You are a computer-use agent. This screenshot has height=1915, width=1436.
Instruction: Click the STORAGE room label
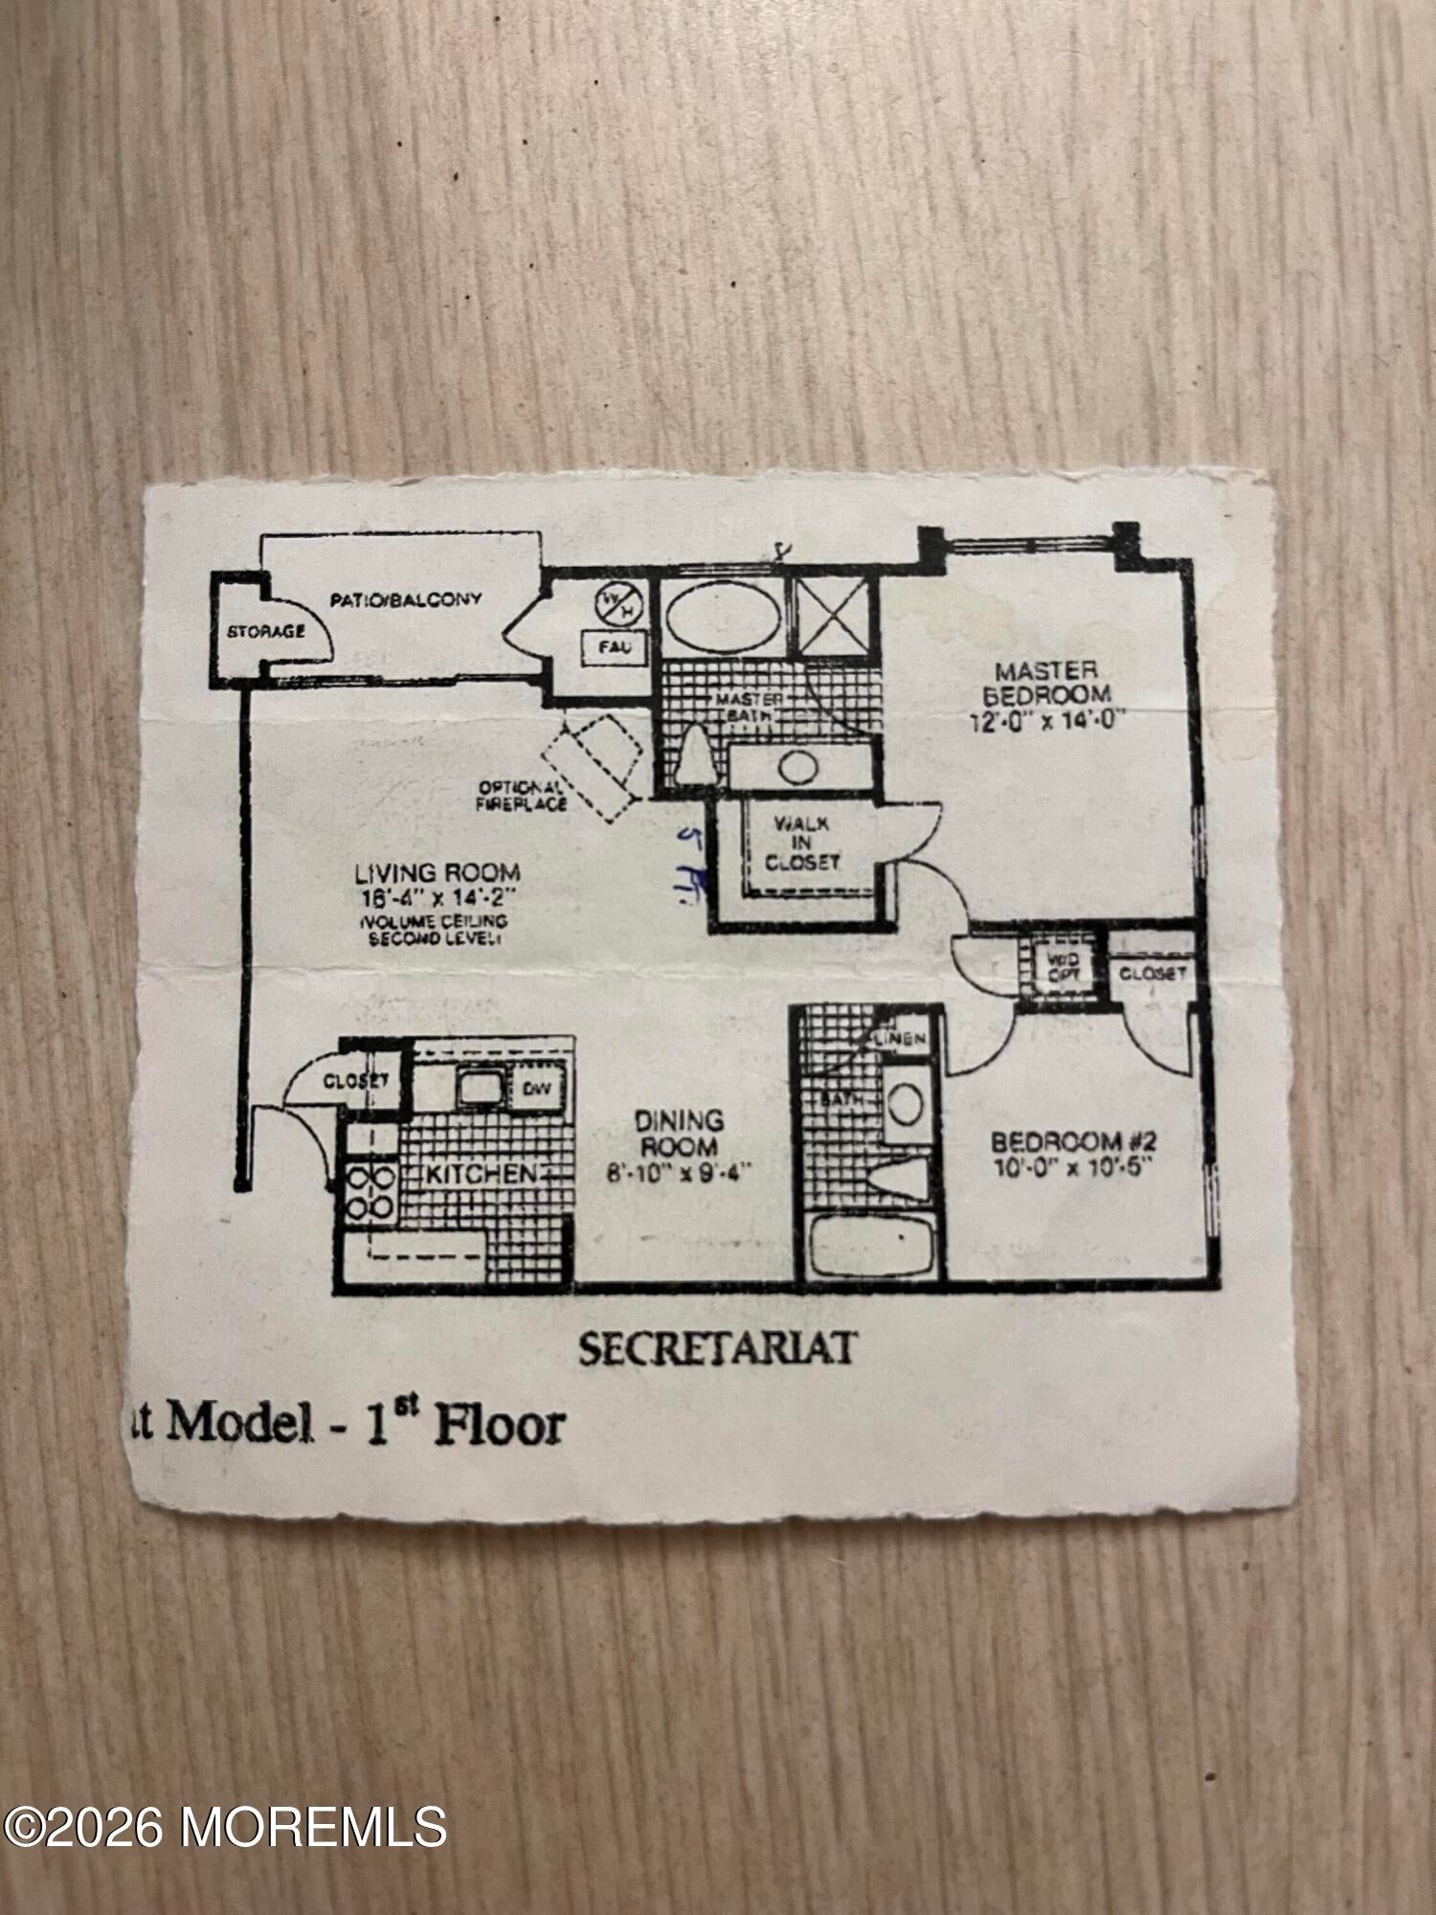(266, 632)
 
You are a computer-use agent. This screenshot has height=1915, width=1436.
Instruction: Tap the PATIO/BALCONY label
(405, 600)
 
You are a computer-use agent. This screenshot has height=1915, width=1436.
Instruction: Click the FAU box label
(614, 647)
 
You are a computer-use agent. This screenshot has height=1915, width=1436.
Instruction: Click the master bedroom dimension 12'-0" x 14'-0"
(1046, 720)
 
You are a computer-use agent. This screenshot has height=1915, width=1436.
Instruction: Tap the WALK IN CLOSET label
(801, 843)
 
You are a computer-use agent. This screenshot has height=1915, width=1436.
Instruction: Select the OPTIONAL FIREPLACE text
(523, 795)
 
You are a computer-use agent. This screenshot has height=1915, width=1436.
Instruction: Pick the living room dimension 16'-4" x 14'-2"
(437, 897)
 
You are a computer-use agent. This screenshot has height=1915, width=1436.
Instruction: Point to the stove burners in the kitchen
(370, 1192)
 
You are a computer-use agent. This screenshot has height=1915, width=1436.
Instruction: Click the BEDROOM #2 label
(1073, 1141)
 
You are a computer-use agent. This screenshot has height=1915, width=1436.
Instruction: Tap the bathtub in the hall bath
(870, 1245)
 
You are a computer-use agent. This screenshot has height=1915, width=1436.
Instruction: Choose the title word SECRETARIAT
(716, 1349)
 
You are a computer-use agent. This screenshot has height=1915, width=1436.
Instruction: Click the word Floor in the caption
(499, 1425)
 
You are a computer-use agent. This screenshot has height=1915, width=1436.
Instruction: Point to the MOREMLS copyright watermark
(225, 1827)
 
